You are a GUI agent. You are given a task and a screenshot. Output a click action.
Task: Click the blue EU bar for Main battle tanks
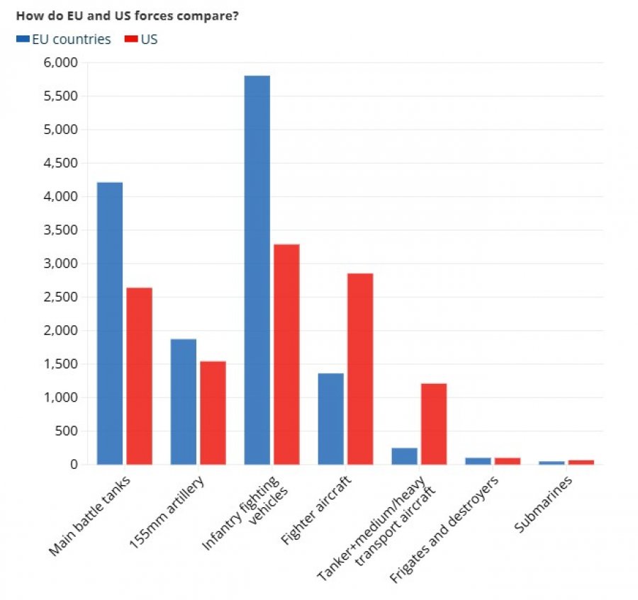pos(110,323)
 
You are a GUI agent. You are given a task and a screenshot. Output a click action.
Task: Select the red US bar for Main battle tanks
pos(139,376)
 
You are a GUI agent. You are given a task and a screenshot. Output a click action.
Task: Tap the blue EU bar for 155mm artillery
pos(184,402)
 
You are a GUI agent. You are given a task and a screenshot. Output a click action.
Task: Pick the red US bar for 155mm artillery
pos(213,412)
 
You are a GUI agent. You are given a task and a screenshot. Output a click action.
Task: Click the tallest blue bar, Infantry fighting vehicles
pos(257,270)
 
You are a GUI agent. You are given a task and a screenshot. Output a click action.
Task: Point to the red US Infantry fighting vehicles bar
pos(286,354)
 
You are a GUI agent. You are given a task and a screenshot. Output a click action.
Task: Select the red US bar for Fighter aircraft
pos(360,368)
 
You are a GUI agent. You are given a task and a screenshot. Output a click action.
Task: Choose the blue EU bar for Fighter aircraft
pos(331,419)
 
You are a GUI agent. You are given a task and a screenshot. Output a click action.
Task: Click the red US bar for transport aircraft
pos(434,424)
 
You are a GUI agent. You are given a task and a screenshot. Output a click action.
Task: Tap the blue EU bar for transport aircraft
pos(405,456)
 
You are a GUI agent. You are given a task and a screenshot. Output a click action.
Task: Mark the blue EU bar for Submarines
pos(552,463)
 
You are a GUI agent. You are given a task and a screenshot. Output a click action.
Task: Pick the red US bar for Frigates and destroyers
pos(508,461)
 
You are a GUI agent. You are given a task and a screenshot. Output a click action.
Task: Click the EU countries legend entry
pos(64,39)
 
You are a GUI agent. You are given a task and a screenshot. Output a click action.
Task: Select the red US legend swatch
pos(131,39)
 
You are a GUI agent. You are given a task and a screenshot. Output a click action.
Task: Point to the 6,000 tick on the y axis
pos(61,62)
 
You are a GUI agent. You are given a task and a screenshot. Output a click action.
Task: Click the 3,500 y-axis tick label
pos(61,230)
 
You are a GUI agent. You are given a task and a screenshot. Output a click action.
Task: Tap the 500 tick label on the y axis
pos(67,431)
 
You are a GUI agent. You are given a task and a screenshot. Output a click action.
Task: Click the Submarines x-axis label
pos(543,504)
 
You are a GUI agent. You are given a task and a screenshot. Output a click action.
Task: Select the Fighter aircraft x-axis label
pos(315,510)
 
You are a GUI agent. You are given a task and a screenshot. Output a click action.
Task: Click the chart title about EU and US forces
pos(127,16)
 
